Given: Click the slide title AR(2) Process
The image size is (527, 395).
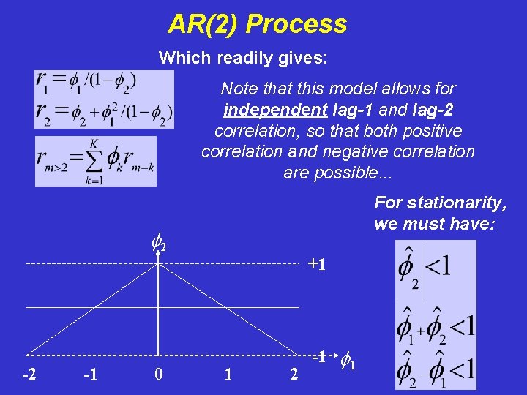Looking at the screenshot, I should click(x=257, y=24).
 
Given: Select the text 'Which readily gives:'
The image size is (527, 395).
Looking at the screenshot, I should click(x=243, y=57).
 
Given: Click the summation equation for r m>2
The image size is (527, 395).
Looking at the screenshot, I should click(x=95, y=161).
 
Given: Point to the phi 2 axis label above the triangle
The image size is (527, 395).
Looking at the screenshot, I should click(x=158, y=241).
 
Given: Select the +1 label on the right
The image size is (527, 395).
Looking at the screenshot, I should click(x=316, y=264).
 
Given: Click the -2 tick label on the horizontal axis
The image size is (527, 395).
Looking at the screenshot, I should click(x=30, y=375).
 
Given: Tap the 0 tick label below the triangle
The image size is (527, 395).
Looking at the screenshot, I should click(x=159, y=375).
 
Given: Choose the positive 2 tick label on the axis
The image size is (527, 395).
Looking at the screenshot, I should click(x=294, y=375).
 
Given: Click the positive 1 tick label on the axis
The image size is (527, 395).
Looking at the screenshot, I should click(x=228, y=375).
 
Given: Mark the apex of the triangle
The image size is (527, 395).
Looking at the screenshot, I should click(x=159, y=263).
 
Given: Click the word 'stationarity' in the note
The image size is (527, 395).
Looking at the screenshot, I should click(x=463, y=202).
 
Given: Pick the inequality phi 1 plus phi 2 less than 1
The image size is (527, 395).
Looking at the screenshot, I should click(x=436, y=324).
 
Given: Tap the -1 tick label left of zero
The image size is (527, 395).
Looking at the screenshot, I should click(x=91, y=375).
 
